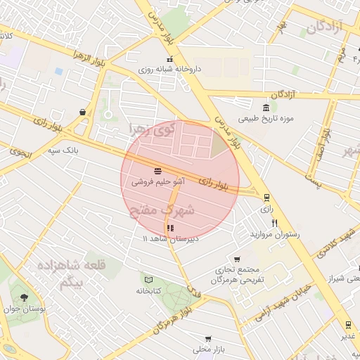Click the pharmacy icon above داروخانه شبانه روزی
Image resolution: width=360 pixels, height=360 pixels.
pos(169,59)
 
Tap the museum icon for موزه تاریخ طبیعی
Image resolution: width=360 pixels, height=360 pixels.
pos(265,108)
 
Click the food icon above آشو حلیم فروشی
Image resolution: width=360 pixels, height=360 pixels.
pos(157,170)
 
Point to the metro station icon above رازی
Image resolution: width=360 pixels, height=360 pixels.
pos(266,198)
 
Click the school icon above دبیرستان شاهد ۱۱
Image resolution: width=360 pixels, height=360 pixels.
pos(169,228)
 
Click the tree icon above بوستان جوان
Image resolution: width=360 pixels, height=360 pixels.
pos(25,298)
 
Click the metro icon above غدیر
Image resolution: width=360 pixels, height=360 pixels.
pos(348,324)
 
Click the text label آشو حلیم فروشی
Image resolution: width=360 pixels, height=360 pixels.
pos(158,181)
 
